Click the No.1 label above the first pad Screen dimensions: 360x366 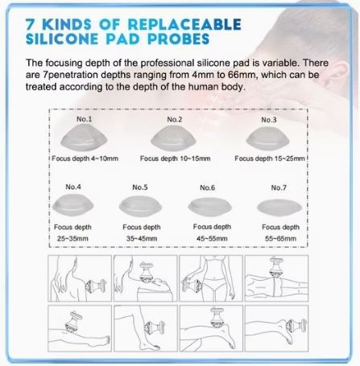click(x=84, y=119)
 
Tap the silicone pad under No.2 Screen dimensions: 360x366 click(x=173, y=138)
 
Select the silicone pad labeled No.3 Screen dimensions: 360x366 click(x=267, y=139)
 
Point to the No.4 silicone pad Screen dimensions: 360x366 click(x=72, y=205)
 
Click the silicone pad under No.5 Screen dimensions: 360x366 click(x=140, y=206)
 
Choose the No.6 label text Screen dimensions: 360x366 click(x=207, y=187)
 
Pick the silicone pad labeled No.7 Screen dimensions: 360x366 click(x=279, y=208)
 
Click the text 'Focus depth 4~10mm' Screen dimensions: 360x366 click(x=85, y=158)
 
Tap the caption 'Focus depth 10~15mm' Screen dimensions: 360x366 click(x=175, y=158)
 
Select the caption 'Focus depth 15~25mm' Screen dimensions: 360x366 click(x=270, y=158)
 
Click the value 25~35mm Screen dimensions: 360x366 click(x=72, y=238)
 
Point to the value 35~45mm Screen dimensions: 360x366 click(x=142, y=238)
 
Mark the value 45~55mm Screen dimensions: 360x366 click(x=212, y=238)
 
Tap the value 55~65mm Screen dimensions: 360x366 click(x=280, y=238)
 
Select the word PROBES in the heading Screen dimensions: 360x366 click(x=179, y=39)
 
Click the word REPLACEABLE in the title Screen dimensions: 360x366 click(x=184, y=24)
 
